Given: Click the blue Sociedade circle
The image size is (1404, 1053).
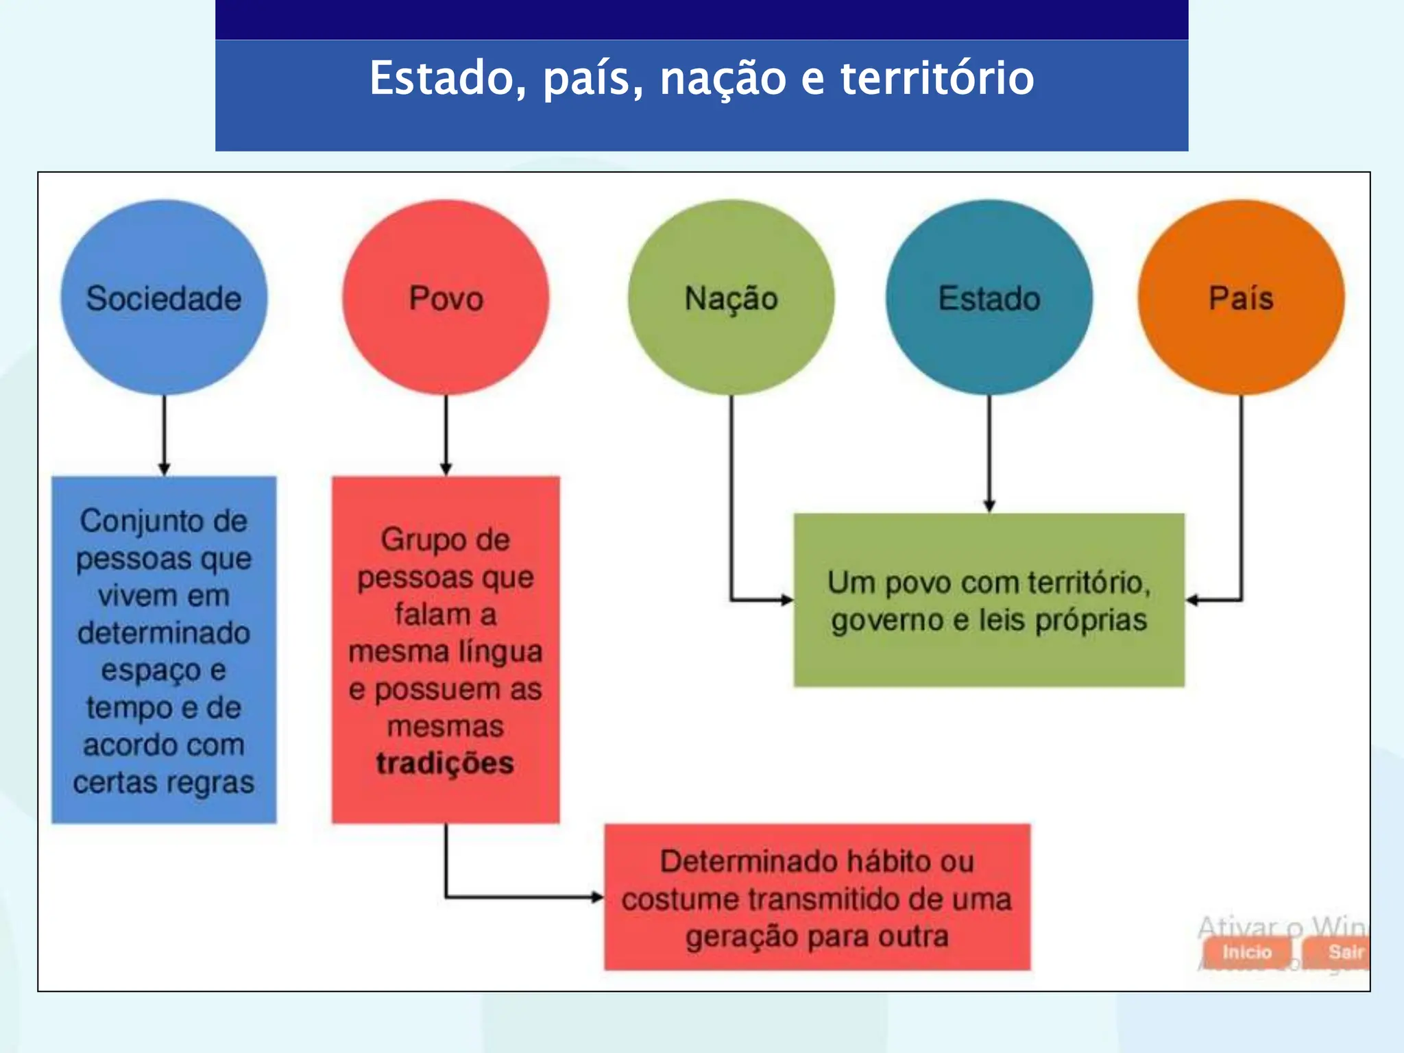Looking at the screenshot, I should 164,298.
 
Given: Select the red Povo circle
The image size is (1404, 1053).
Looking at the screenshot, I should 446,298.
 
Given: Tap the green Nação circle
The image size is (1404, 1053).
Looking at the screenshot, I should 731,298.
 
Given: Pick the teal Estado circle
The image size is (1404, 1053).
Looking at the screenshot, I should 989,298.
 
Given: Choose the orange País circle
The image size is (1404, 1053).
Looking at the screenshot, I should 1241,298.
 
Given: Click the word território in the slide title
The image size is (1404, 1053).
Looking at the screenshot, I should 936,77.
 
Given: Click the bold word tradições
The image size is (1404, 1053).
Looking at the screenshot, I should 445,763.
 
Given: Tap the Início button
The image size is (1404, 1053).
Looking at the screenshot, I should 1247,952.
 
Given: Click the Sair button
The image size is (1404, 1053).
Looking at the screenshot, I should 1344,952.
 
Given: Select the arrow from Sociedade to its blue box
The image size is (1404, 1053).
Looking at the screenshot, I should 164,435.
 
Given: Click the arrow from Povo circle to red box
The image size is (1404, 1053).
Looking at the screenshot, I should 446,435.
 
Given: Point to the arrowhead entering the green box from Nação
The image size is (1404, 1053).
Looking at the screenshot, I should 787,600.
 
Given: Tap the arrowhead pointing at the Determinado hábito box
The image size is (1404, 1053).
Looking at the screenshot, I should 597,897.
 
